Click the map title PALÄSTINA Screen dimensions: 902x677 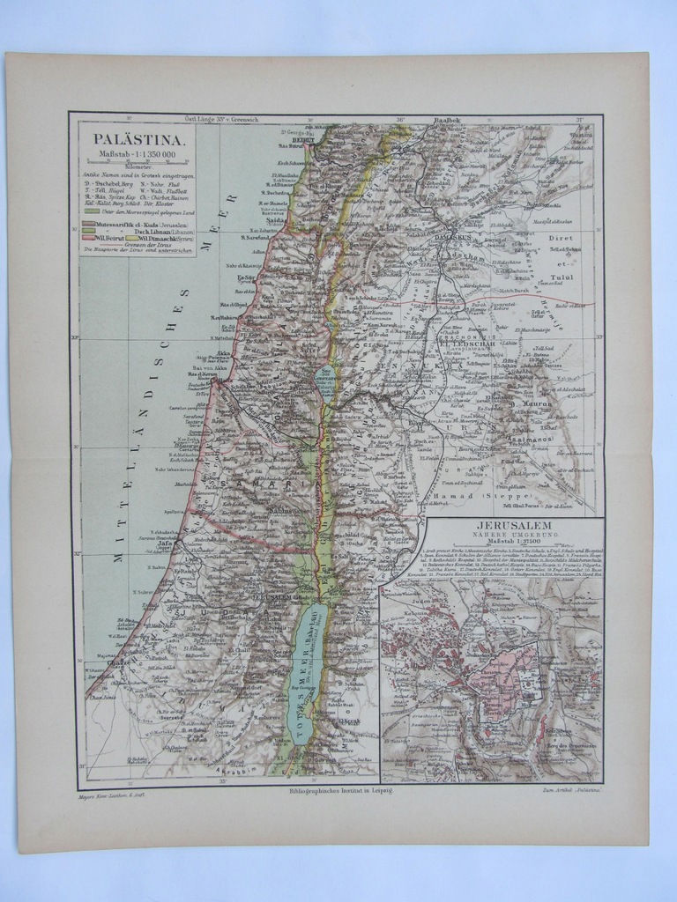point(138,140)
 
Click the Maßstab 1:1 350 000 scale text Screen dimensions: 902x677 point(138,155)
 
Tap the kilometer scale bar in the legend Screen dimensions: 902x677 point(138,164)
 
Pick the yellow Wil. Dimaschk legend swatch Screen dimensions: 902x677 point(132,238)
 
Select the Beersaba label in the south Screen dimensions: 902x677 point(173,718)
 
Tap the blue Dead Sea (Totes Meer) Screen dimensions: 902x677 point(309,669)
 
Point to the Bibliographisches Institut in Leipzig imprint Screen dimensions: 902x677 point(339,793)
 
